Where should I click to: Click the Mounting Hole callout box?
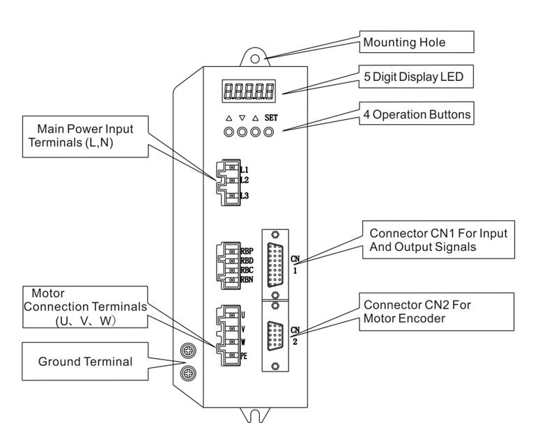coord(417,43)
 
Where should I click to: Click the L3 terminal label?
coord(245,196)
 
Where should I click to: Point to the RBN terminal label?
coord(247,281)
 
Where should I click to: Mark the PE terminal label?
coord(245,356)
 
